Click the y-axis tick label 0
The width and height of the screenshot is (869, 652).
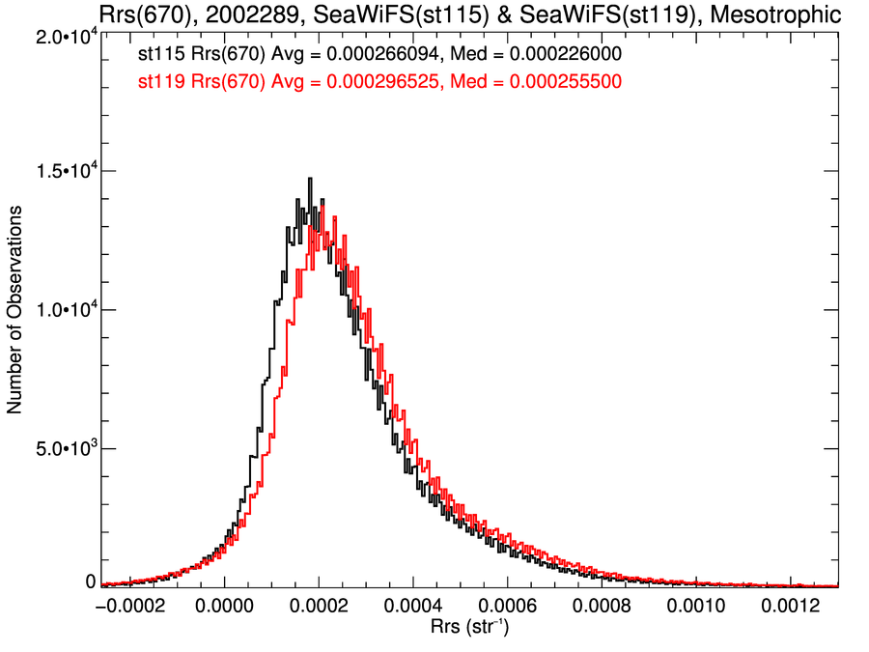[90, 581]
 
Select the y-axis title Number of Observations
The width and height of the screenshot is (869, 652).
[15, 310]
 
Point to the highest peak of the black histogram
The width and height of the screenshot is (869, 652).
[310, 179]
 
